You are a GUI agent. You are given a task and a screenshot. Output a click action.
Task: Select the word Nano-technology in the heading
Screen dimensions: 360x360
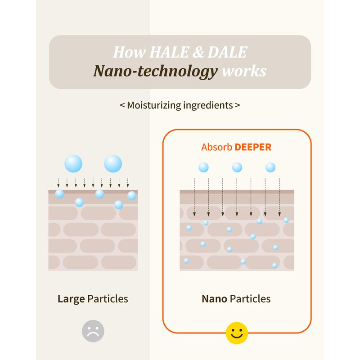pos(155,71)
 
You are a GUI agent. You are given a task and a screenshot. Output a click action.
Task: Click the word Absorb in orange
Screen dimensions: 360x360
pos(216,147)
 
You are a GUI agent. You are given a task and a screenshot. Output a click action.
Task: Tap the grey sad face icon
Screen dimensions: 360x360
pos(93,331)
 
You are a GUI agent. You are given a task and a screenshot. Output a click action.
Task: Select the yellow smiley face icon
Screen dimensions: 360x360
pos(237,333)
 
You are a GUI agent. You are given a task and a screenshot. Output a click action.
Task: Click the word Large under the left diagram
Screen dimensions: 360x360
pos(71,299)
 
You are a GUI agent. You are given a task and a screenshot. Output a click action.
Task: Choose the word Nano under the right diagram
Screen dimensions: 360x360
pos(214,299)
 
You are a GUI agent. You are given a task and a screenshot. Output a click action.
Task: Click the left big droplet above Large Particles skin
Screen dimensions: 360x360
pos(73,163)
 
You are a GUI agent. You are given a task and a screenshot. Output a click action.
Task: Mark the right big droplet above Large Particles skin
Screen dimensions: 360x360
pos(113,163)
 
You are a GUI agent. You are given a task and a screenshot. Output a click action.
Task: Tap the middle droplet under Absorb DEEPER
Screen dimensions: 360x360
pos(237,167)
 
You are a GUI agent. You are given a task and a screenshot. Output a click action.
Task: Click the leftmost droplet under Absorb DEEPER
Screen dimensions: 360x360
pos(203,167)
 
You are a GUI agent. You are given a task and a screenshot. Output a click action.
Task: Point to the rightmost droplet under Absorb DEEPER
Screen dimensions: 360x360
pos(270,167)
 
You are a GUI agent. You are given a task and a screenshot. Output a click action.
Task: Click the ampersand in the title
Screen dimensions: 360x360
pos(195,52)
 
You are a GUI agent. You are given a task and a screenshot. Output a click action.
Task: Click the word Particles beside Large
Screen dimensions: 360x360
pos(108,299)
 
